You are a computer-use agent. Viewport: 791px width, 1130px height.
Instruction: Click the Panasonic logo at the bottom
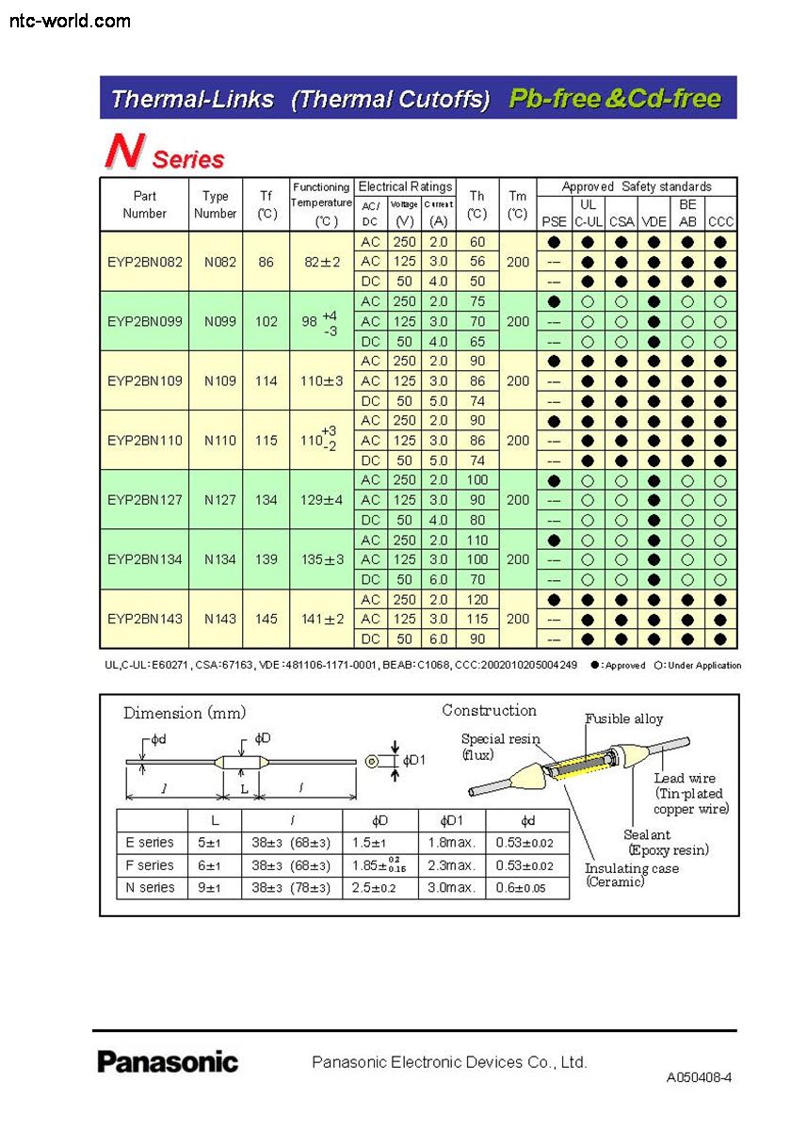coord(168,1062)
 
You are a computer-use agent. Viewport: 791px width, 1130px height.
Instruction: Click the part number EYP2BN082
coord(145,262)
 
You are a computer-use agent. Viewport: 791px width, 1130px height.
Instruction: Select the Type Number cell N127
coord(216,500)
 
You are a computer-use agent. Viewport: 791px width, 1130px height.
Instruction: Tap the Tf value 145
coord(266,619)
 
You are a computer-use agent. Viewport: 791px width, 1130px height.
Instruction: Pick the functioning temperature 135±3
coord(322,559)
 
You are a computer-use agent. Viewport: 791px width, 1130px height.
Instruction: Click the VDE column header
coord(654,222)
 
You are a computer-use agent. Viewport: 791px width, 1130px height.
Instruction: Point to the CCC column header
coord(720,222)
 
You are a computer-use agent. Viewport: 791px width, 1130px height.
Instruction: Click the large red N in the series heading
coord(122,152)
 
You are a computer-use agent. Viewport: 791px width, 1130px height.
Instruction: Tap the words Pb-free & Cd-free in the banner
coord(615,99)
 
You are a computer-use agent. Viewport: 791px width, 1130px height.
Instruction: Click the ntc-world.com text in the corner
coord(70,20)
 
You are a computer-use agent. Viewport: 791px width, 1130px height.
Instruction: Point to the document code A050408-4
coord(699,1077)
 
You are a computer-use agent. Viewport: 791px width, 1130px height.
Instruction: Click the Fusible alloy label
coord(624,719)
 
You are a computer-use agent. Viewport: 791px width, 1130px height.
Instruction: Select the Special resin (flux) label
coord(500,747)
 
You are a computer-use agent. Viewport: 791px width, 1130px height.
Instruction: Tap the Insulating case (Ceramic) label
coord(631,875)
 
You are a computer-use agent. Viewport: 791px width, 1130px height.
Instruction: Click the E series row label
coord(150,842)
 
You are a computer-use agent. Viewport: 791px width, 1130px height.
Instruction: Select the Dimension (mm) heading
coord(178,713)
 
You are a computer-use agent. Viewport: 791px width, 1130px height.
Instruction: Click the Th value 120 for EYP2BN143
coord(477,599)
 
